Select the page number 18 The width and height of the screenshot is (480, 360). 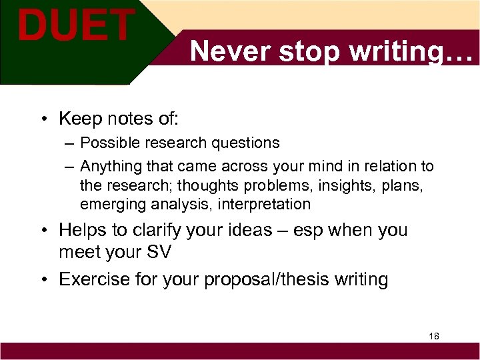[434, 336]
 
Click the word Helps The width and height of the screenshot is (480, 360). [83, 230]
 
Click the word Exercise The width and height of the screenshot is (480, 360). [96, 279]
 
